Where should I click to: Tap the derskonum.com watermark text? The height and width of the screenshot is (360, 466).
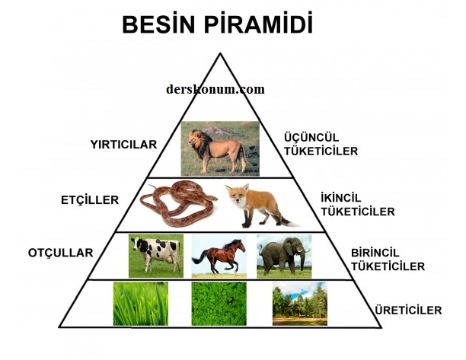click(215, 89)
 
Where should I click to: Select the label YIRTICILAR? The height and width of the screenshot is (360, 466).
click(123, 145)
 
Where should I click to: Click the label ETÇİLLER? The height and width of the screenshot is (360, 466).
click(90, 200)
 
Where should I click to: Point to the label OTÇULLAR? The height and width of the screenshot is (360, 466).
click(61, 253)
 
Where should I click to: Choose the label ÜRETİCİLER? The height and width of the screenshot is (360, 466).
click(408, 310)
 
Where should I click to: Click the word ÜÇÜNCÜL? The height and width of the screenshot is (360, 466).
click(311, 138)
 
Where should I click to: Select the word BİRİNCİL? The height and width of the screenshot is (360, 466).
click(375, 253)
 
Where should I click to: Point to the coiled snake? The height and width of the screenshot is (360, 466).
click(178, 203)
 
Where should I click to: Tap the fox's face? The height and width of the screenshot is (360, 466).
click(237, 195)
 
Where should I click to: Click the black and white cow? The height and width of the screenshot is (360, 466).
click(156, 253)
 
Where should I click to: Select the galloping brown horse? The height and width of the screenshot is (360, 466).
click(219, 256)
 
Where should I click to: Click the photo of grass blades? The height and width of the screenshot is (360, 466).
click(141, 304)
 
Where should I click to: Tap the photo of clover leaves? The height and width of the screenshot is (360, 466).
click(219, 304)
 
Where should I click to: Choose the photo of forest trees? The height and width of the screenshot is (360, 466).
click(300, 304)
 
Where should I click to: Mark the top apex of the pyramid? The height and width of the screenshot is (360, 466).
click(220, 53)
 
